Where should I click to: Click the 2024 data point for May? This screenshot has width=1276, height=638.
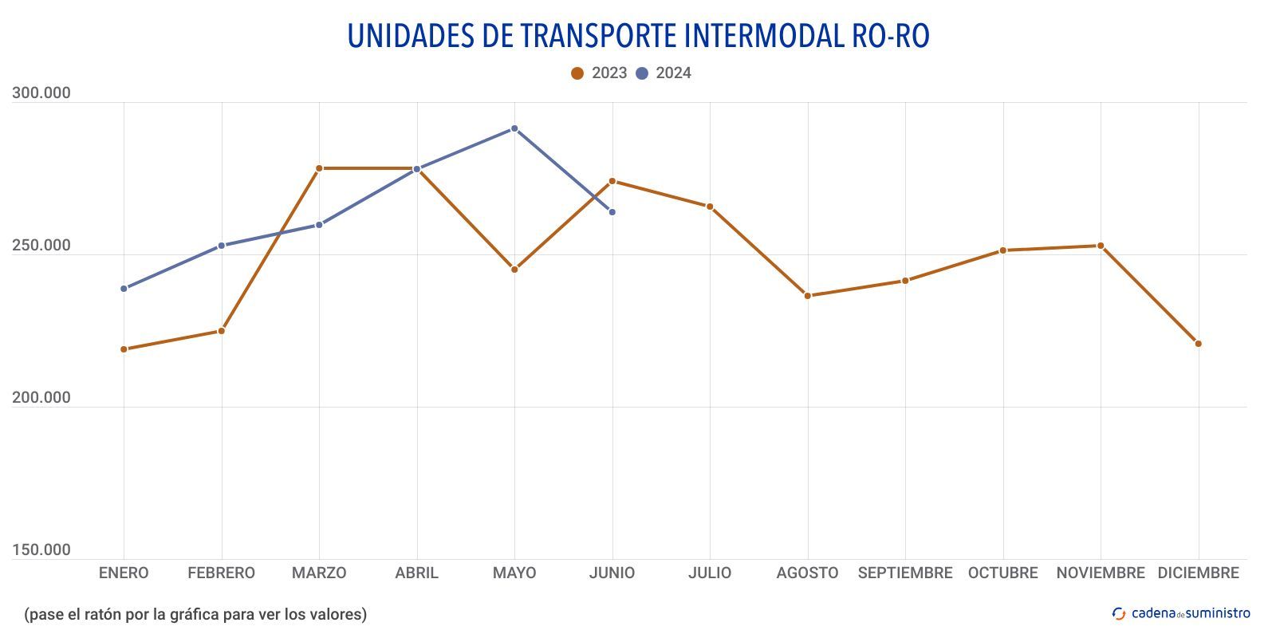point(514,128)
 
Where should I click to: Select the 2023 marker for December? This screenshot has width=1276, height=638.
point(1198,344)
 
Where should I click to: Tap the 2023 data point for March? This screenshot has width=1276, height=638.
point(319,168)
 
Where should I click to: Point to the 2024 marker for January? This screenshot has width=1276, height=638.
point(124,289)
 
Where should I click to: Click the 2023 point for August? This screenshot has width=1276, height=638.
point(807,296)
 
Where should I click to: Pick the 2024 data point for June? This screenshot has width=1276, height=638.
point(612,212)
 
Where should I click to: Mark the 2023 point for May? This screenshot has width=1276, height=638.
point(514,270)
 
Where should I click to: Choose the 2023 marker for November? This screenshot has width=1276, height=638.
point(1101,246)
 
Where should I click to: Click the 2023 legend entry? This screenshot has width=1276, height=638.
point(599,73)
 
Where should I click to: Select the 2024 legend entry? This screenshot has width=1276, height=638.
point(664,73)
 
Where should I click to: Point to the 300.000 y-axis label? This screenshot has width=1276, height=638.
point(41,93)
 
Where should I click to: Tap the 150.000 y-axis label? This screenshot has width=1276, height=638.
point(41,550)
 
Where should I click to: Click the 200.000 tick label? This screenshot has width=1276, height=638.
point(41,398)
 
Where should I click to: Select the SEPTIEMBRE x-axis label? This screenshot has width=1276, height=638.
point(905,573)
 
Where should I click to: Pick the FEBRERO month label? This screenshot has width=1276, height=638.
point(221,573)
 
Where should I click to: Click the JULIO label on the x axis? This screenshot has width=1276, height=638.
point(710,573)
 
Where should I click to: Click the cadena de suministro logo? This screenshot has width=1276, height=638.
point(1181,613)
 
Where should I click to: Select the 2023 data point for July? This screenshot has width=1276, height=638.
point(710,207)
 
